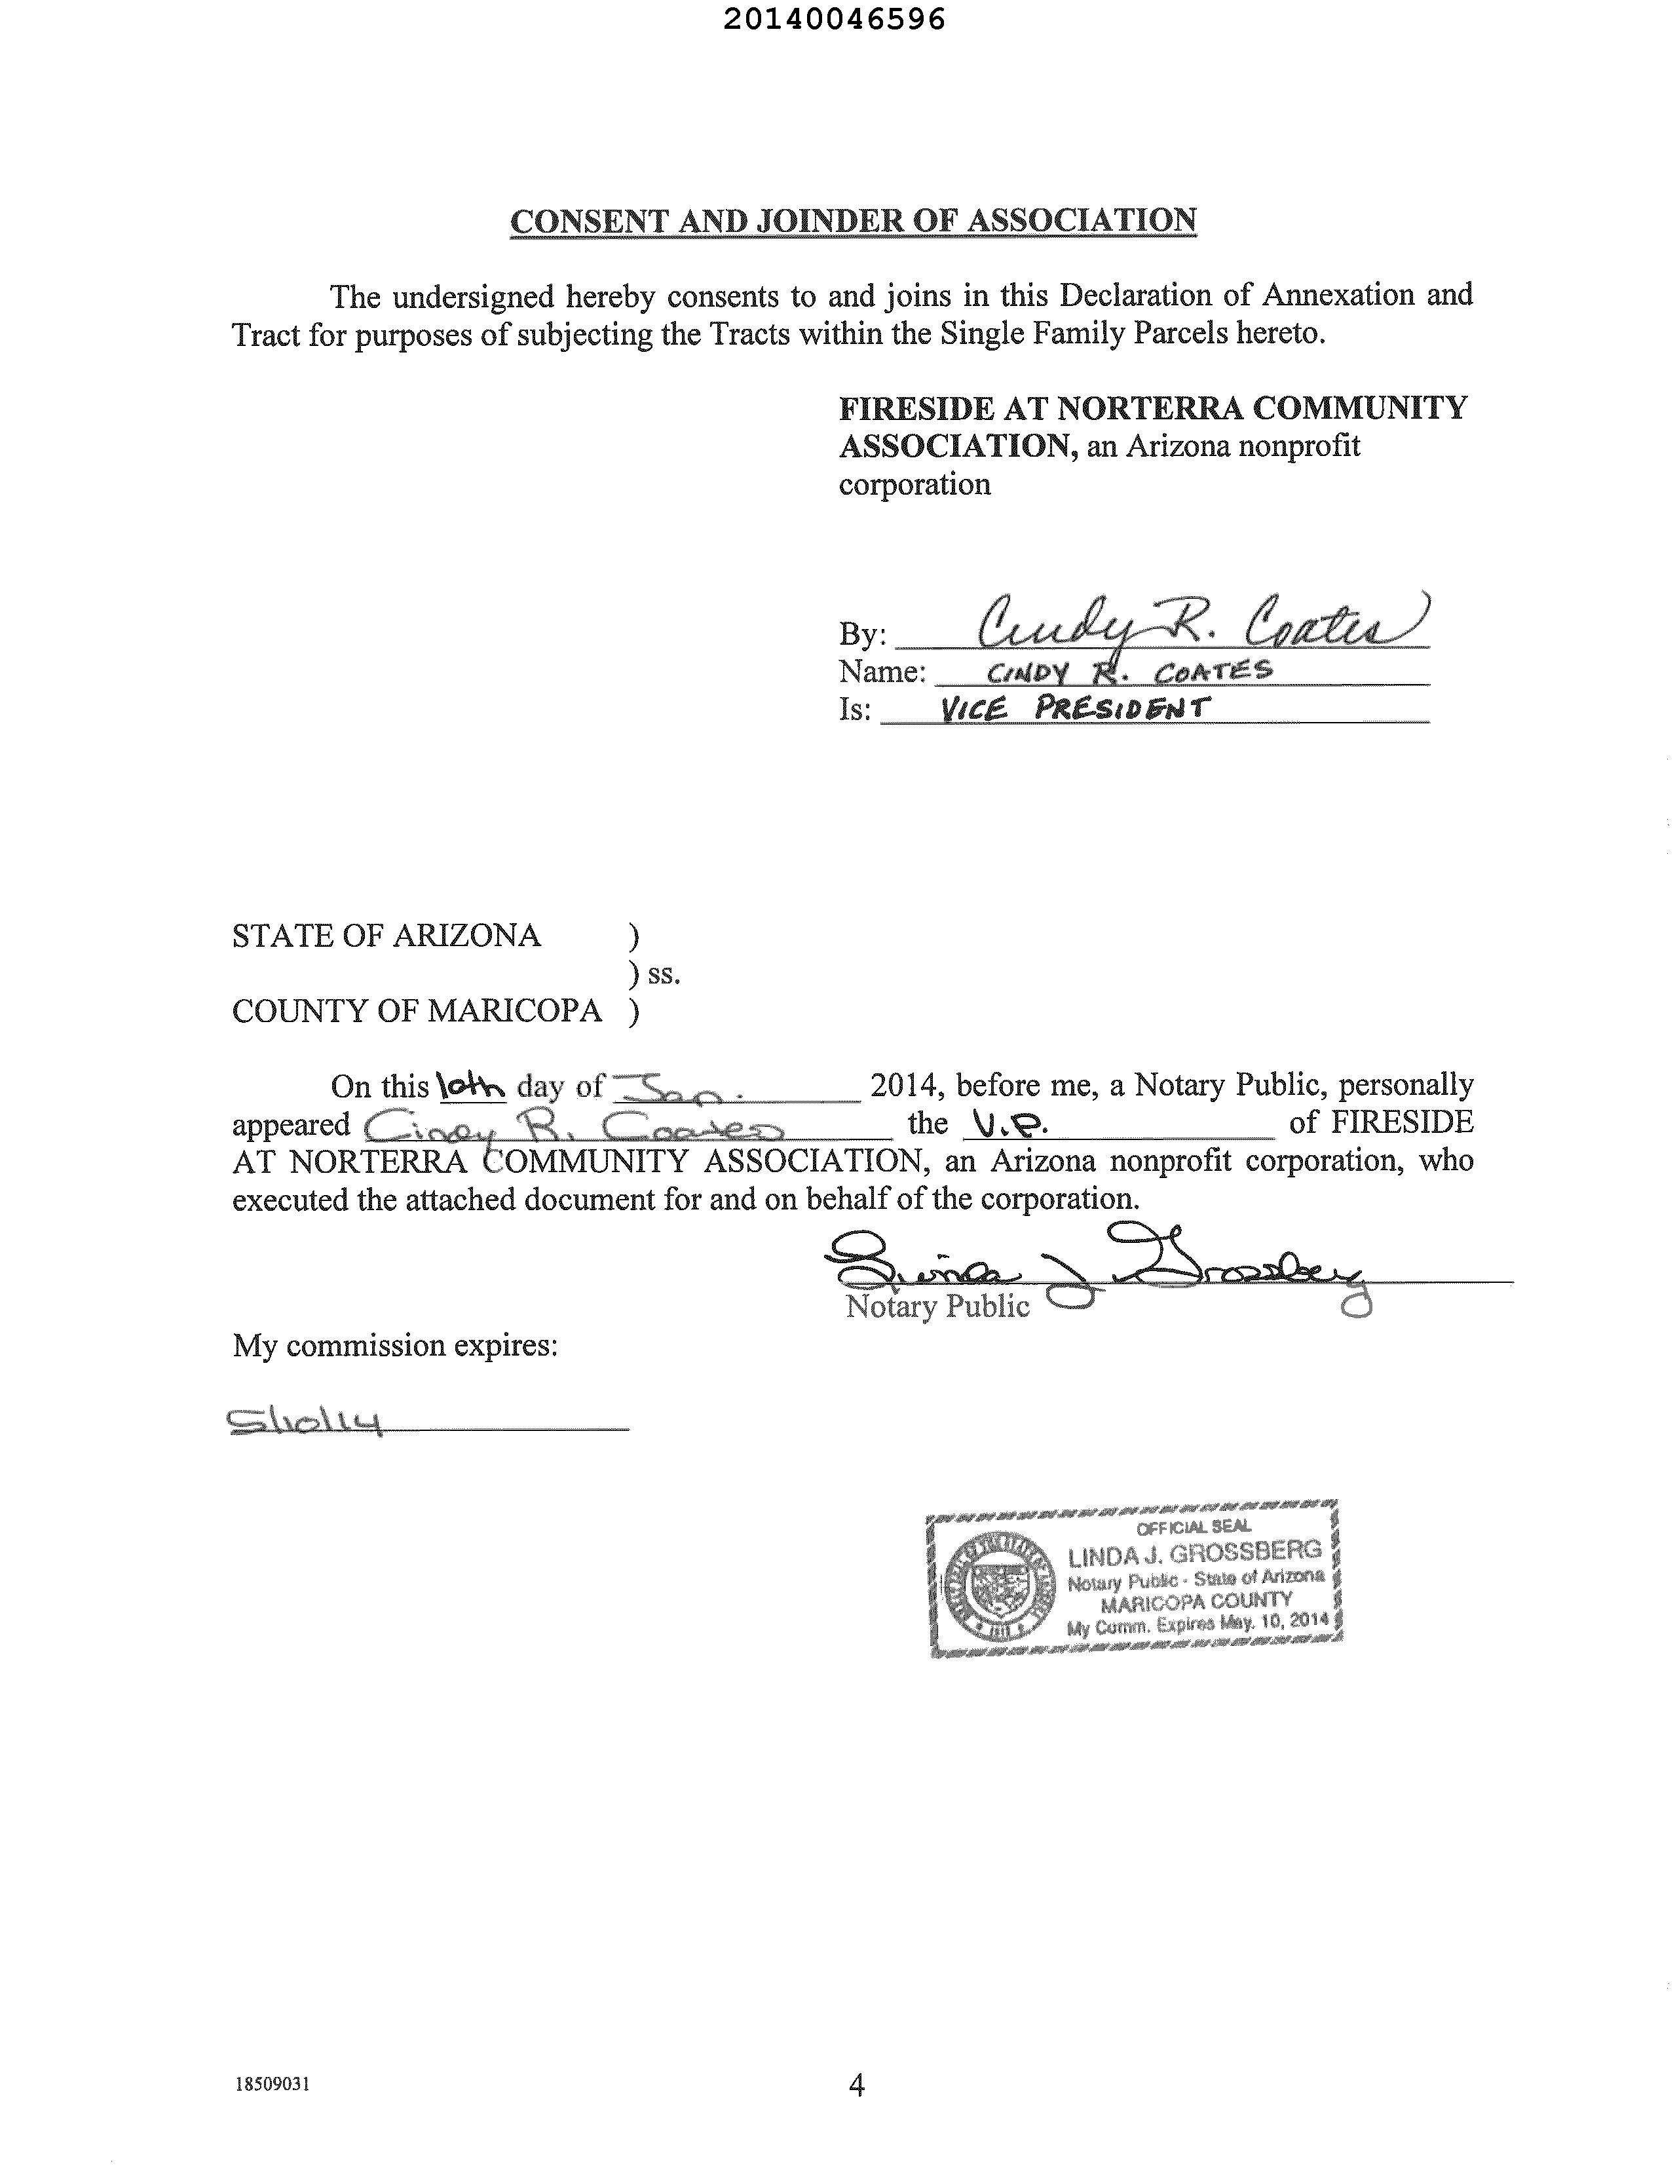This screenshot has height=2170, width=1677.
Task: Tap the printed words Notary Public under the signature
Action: click(x=936, y=1306)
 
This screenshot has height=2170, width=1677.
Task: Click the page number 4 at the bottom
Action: click(x=856, y=2085)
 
